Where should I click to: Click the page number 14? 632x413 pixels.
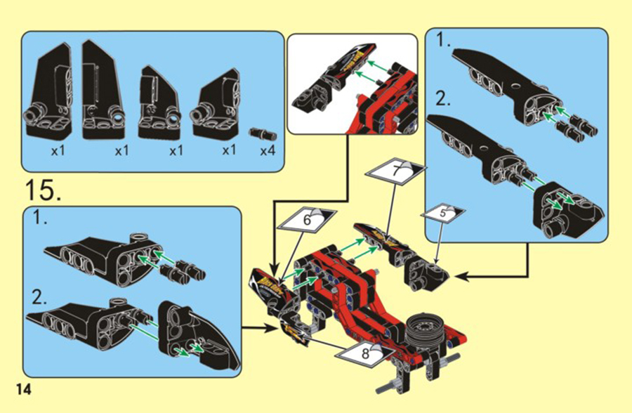tap(23, 390)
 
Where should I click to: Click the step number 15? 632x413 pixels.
tap(44, 190)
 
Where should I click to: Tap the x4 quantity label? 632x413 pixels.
tap(268, 151)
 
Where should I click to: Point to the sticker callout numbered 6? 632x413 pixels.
tap(307, 221)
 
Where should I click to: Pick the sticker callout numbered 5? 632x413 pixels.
tap(442, 213)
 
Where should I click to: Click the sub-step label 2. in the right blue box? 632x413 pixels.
tap(444, 99)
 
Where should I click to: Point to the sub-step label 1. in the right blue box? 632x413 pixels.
tap(444, 40)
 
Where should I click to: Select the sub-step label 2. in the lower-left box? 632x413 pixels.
tap(40, 298)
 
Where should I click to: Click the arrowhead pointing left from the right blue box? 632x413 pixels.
tap(461, 277)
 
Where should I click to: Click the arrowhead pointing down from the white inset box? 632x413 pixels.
tap(275, 269)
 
